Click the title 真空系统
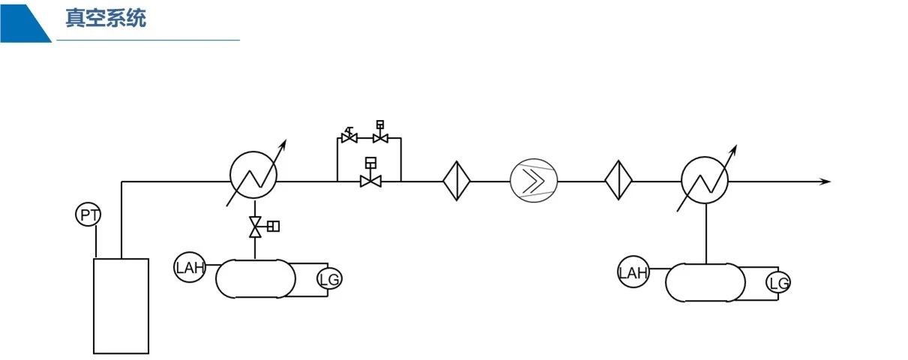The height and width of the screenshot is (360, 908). pos(105,19)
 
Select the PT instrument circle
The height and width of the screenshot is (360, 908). pos(89,216)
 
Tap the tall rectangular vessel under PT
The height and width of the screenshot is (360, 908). pos(121,306)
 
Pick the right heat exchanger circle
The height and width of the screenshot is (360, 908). pos(705,181)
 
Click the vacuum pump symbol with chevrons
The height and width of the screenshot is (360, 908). pos(534,181)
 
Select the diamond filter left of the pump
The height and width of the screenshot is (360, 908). pos(456,181)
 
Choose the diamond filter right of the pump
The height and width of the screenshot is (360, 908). pos(619,181)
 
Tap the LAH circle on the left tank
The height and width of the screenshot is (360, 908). pos(190,268)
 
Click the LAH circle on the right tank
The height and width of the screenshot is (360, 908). pos(633,272)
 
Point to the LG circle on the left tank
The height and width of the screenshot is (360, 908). pos(329,280)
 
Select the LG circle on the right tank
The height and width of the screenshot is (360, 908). pos(779,283)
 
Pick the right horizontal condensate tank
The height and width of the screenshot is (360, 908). pos(706,283)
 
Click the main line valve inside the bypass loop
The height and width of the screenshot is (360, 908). pos(370,180)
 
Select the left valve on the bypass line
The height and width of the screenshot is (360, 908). pos(348,138)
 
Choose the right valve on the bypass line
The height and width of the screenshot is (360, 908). pos(380,137)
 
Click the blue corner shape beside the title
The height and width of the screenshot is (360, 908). pos(23,21)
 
